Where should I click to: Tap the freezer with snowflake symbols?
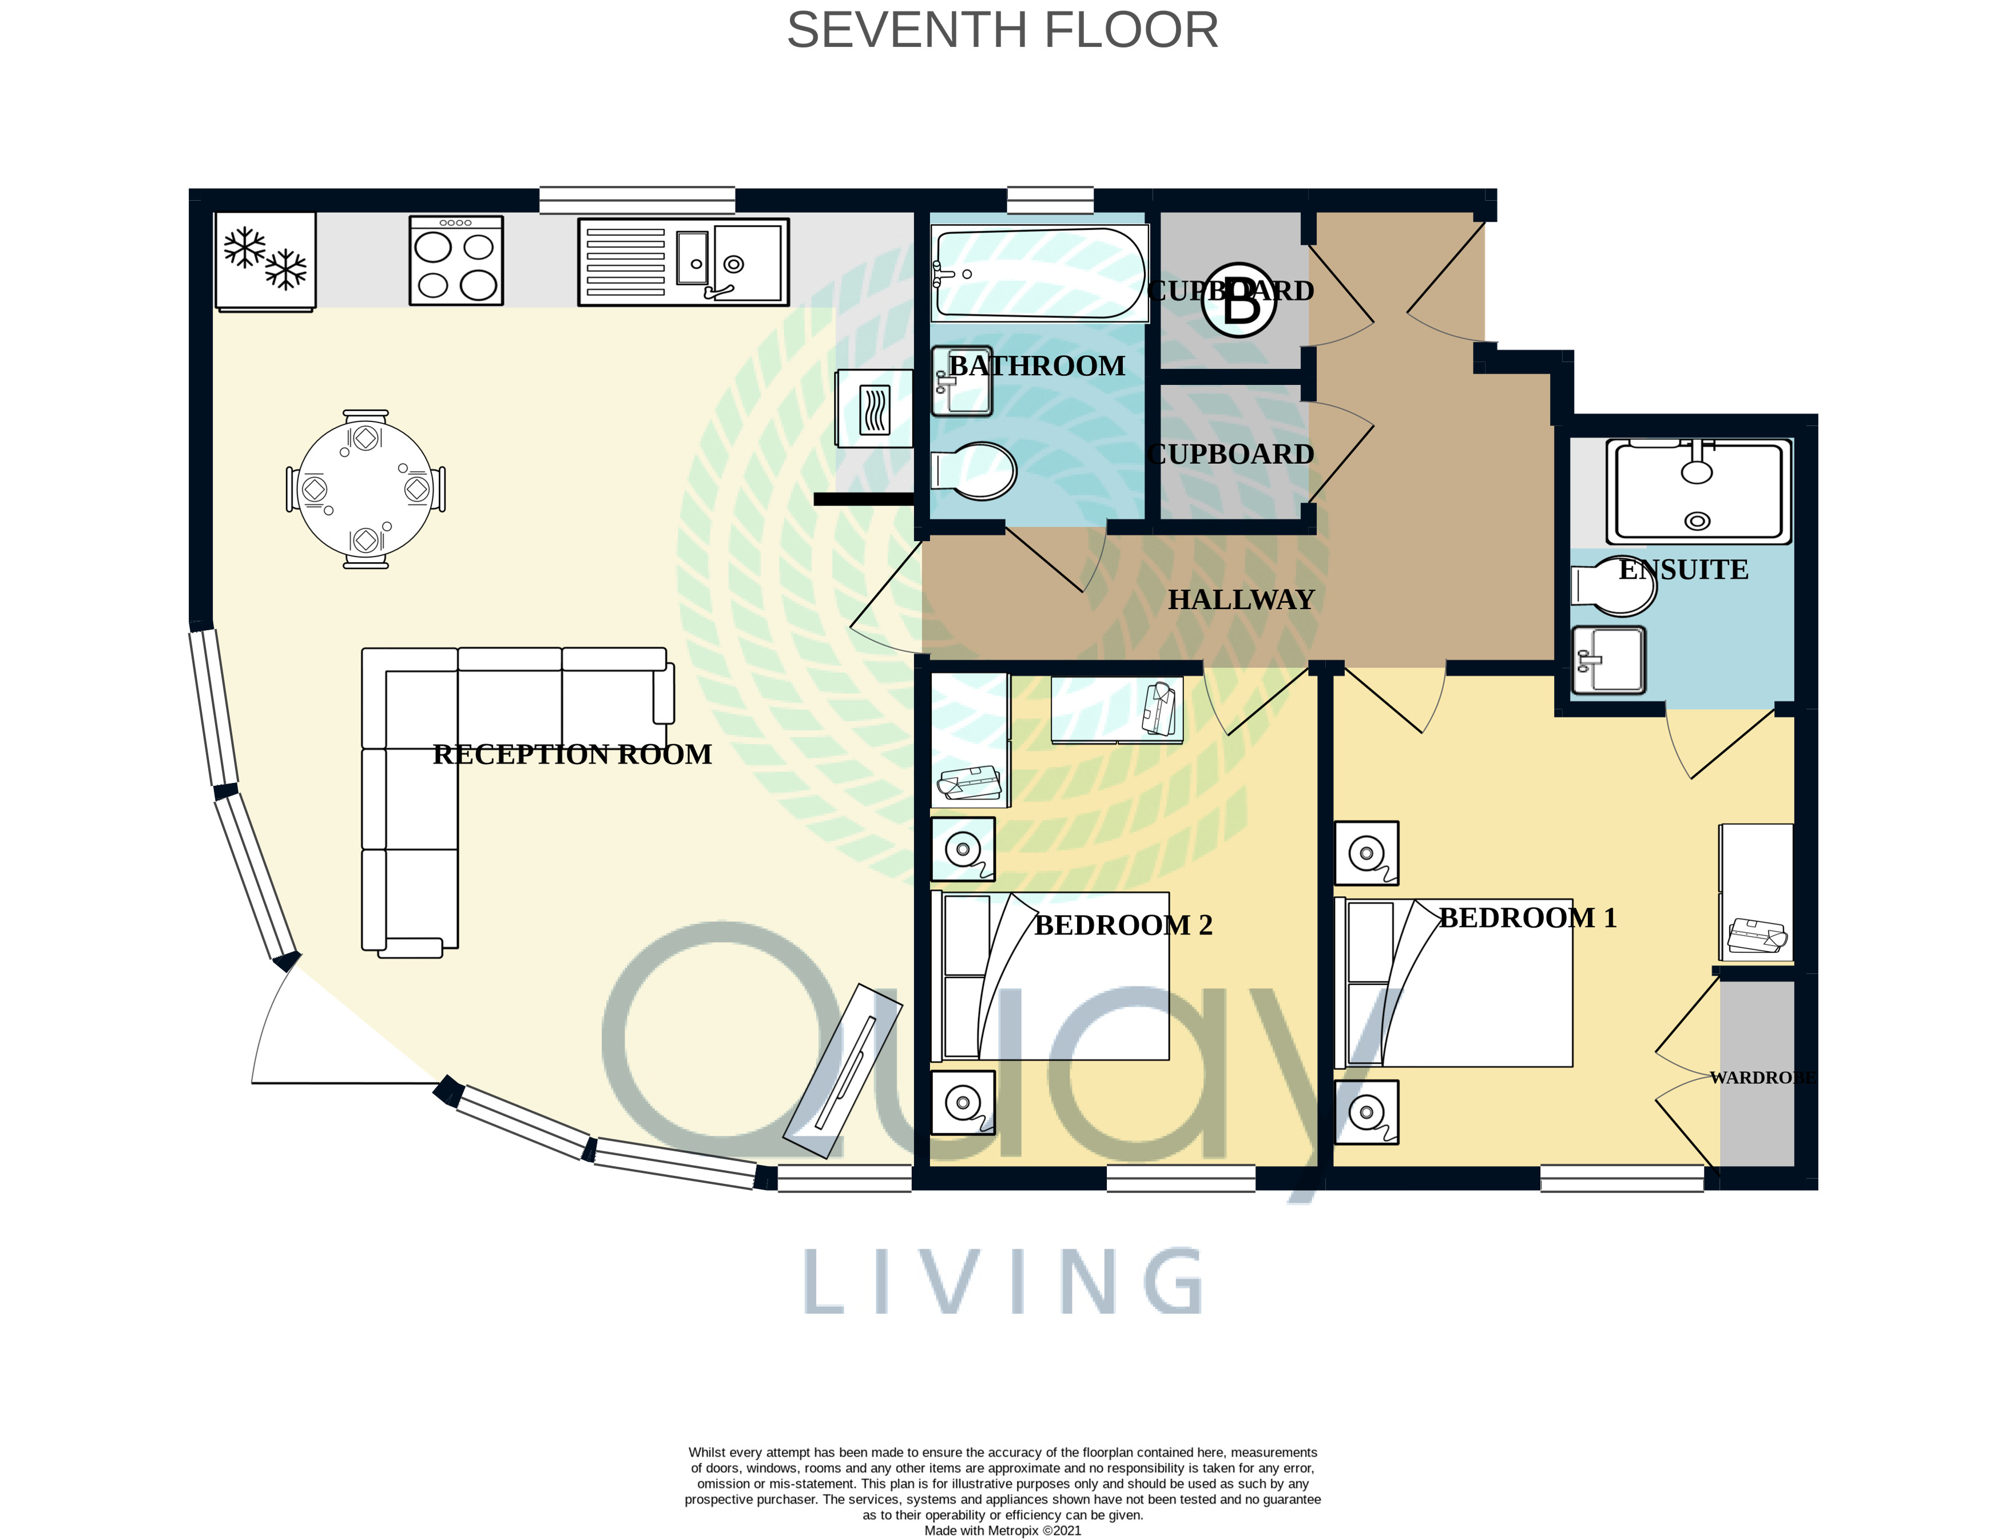[x=265, y=261]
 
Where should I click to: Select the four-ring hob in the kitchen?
[x=456, y=260]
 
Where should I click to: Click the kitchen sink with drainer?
[x=684, y=262]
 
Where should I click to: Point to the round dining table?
[x=366, y=489]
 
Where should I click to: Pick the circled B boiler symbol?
[x=1238, y=300]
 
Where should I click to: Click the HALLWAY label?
[x=1241, y=599]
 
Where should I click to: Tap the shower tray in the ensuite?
[x=1698, y=492]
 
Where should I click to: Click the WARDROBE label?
[x=1762, y=1077]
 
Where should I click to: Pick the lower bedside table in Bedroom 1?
[x=1367, y=1112]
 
